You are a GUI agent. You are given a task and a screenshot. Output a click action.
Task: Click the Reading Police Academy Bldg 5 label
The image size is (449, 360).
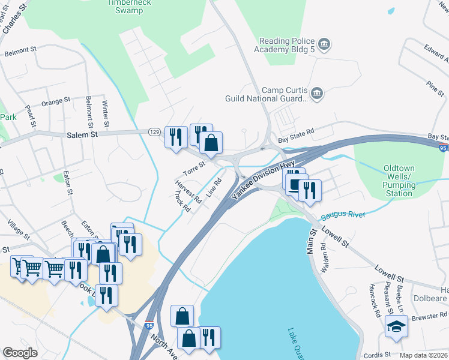[287, 46]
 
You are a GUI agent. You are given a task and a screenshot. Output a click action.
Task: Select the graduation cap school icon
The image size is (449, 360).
[396, 326]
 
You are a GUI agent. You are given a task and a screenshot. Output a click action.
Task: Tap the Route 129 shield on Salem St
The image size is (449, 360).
[154, 131]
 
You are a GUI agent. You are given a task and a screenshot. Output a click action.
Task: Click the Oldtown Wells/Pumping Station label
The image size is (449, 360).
[399, 181]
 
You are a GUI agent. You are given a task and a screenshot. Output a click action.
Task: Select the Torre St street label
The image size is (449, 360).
[194, 168]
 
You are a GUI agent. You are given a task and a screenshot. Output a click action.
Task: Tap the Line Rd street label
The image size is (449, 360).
[214, 188]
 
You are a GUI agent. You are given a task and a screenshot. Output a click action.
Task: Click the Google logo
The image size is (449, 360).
[20, 353]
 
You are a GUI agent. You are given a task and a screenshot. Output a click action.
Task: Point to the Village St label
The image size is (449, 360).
[18, 229]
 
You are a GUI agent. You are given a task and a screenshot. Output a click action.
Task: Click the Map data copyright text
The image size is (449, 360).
[424, 355]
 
